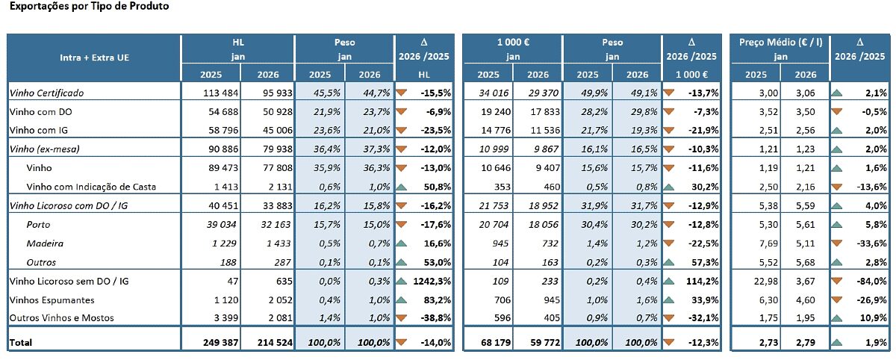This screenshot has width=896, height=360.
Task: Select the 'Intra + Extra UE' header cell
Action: click(93, 57)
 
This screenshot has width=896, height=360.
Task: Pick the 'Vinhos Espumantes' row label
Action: click(52, 300)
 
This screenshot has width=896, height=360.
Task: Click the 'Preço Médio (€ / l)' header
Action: click(780, 43)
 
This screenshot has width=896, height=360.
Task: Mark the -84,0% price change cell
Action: click(871, 281)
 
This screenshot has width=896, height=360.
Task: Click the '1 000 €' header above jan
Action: click(512, 43)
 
